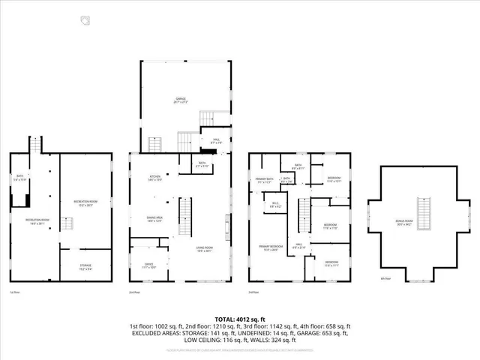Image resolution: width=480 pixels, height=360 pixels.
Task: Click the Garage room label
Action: [x=181, y=99]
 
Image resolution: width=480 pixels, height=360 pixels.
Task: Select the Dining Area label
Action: [x=155, y=220]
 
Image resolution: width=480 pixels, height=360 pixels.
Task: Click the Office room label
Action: [x=139, y=264]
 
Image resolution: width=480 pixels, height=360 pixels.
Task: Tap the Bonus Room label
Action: [x=424, y=234]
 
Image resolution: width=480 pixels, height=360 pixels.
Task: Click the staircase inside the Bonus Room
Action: [x=425, y=213]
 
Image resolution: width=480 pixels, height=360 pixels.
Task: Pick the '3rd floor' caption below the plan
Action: [x=254, y=292]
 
